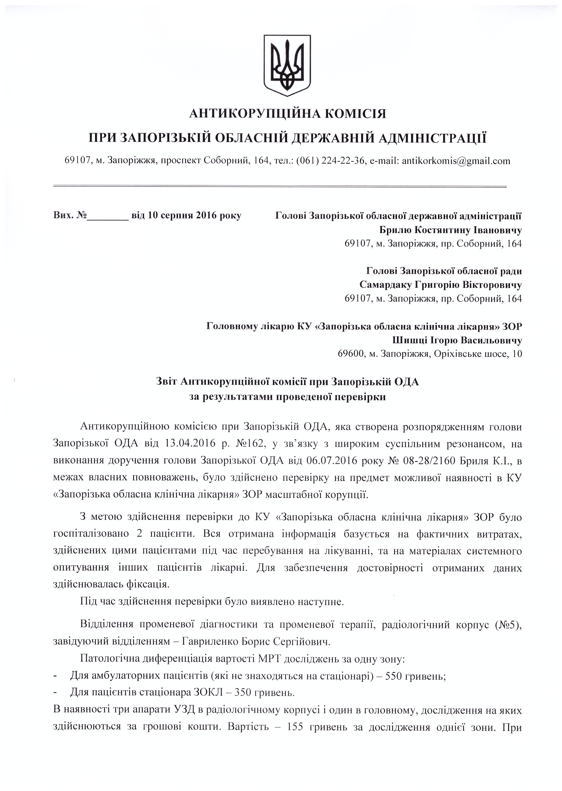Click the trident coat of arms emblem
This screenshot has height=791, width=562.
tap(287, 65)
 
